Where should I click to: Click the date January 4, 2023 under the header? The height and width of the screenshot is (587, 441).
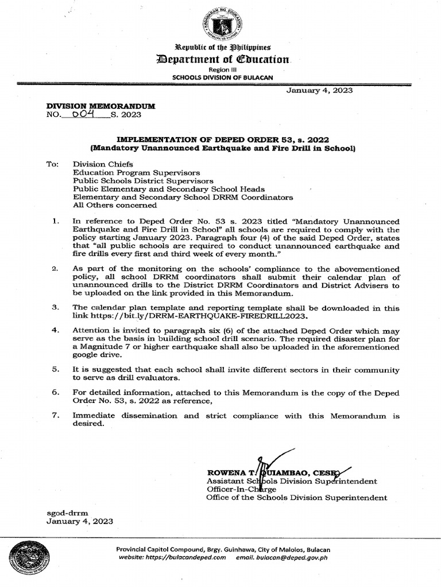click(x=319, y=90)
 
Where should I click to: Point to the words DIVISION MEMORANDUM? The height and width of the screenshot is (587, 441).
click(x=101, y=107)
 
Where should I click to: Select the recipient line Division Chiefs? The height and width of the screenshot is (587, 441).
click(x=103, y=164)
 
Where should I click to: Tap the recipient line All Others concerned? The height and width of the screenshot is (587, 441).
click(x=115, y=205)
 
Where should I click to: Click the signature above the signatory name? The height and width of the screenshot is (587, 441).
click(x=270, y=464)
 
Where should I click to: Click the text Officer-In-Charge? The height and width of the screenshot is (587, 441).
click(x=241, y=490)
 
